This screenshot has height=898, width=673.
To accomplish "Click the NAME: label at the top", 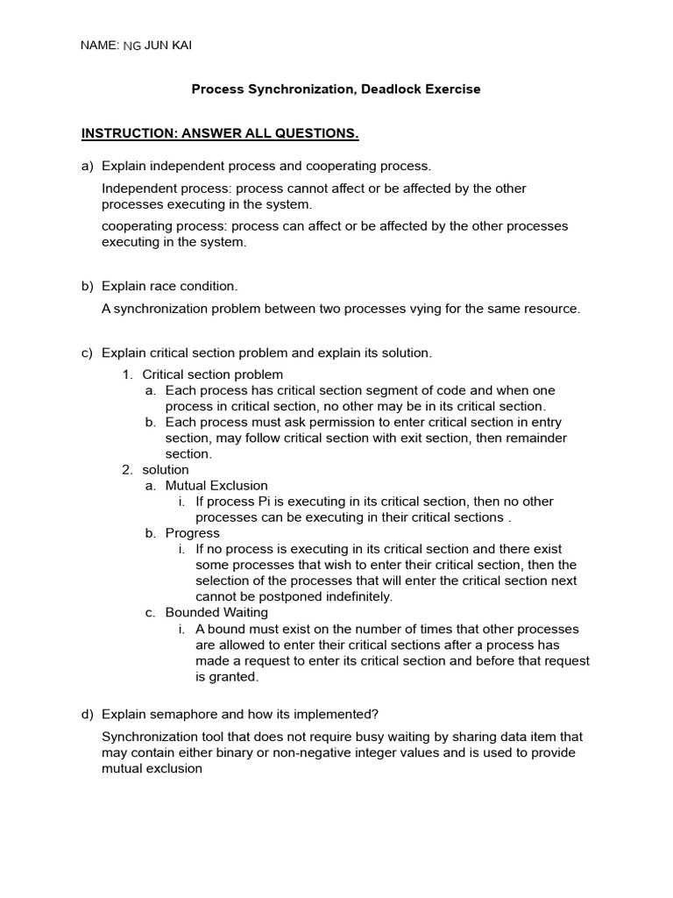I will click(100, 46).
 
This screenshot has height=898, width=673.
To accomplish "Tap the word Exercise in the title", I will click(451, 89).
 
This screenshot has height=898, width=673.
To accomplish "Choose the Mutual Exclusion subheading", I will click(216, 486).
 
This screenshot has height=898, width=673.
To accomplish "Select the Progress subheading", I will click(193, 533).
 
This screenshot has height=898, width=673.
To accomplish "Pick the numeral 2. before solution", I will click(127, 470).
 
